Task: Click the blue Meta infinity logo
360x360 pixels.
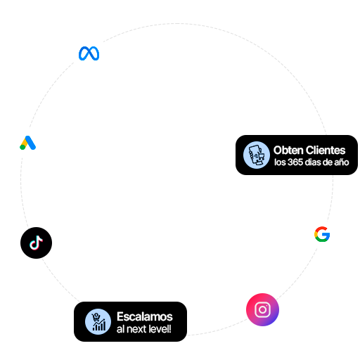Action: pos(89,53)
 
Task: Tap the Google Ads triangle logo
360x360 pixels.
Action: pos(27,143)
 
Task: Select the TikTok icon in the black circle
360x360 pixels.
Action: pos(36,243)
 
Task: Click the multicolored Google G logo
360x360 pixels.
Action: pos(322,234)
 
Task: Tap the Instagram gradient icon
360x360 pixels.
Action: pos(262,309)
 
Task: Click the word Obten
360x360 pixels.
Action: pos(288,150)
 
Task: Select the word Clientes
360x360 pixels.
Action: pos(326,150)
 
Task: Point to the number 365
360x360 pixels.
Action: pos(295,162)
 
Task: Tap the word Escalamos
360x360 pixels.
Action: pos(145,316)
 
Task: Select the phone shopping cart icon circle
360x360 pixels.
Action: pos(257,155)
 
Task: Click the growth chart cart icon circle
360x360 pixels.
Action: pos(98,321)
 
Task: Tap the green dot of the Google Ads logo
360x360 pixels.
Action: pos(22,147)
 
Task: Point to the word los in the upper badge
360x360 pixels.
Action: pos(280,162)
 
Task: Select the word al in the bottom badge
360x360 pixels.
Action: pos(121,329)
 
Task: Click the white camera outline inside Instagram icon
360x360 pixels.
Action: pos(262,309)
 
